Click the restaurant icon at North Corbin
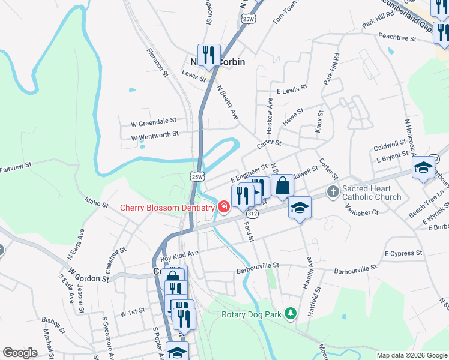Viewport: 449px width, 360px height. (x=209, y=56)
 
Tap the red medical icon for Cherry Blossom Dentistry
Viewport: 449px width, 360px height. (x=223, y=208)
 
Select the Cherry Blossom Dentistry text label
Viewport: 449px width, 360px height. (x=167, y=208)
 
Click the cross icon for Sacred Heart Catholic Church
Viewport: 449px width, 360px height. (x=333, y=192)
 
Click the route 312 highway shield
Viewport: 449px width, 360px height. (x=252, y=214)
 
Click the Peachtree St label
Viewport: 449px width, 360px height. (x=397, y=37)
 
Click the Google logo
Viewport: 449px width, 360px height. (x=20, y=353)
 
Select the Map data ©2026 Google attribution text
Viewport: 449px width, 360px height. (x=411, y=355)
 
